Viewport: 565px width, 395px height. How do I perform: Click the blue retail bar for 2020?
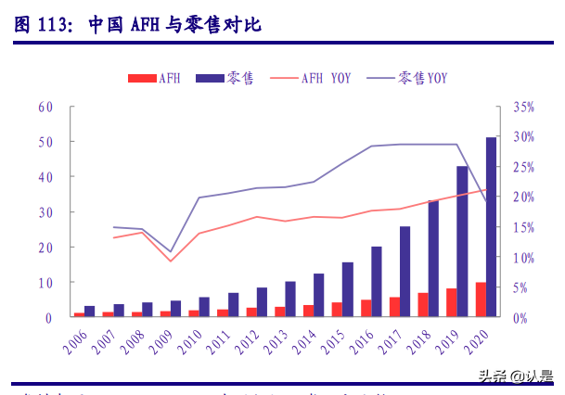(x=491, y=227)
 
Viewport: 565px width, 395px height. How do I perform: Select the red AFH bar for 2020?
(x=481, y=299)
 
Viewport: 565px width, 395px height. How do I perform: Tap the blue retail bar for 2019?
(x=462, y=241)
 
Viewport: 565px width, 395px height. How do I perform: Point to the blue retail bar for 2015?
(x=347, y=289)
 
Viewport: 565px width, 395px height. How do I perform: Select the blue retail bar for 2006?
(x=90, y=312)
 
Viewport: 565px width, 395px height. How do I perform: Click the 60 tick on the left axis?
(x=45, y=108)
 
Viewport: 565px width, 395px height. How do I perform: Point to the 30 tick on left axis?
(x=45, y=212)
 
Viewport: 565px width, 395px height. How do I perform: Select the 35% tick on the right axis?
(x=522, y=108)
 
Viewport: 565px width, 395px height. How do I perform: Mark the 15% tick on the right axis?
(x=522, y=227)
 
